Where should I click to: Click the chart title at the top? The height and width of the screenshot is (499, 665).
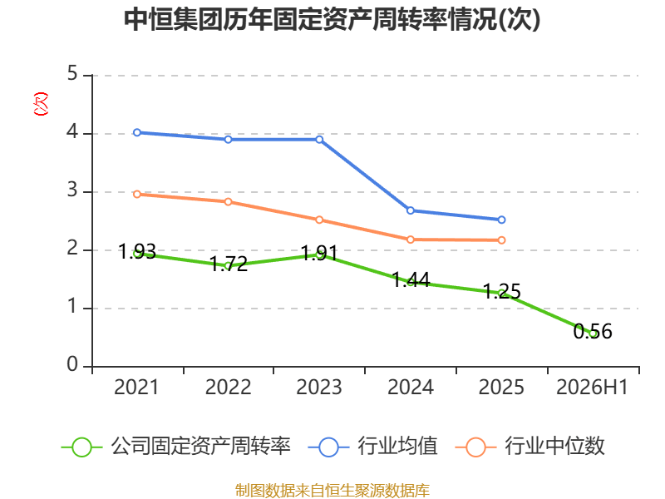[x=332, y=19]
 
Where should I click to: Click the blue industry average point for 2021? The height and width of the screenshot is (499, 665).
[x=137, y=132]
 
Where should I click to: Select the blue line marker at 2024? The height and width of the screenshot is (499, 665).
[x=410, y=210]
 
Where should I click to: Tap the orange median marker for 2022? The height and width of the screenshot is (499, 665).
[x=228, y=201]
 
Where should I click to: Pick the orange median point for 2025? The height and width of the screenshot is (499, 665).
[x=501, y=240]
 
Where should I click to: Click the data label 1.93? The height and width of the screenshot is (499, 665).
[x=137, y=252]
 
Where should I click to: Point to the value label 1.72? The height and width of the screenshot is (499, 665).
[x=229, y=264]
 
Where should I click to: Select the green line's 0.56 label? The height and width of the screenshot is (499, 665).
[x=593, y=331]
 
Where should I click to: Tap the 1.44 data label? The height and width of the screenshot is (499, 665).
[x=411, y=280]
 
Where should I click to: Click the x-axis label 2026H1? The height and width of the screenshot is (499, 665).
[x=592, y=387]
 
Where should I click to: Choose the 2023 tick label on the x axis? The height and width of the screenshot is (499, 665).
[x=319, y=387]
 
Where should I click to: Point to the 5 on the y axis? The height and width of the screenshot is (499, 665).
[x=72, y=73]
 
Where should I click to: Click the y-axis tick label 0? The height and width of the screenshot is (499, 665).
[x=72, y=364]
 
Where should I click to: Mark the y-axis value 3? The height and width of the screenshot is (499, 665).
[x=72, y=190]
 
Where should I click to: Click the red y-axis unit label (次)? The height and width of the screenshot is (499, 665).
[x=41, y=103]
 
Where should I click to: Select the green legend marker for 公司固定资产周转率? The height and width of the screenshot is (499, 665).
[x=81, y=447]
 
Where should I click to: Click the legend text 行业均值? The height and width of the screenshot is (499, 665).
[x=397, y=447]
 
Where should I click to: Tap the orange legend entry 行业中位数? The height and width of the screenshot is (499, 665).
[x=530, y=447]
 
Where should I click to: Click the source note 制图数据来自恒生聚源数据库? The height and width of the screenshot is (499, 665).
[x=332, y=491]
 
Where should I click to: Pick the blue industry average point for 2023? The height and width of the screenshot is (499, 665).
[x=319, y=140]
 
